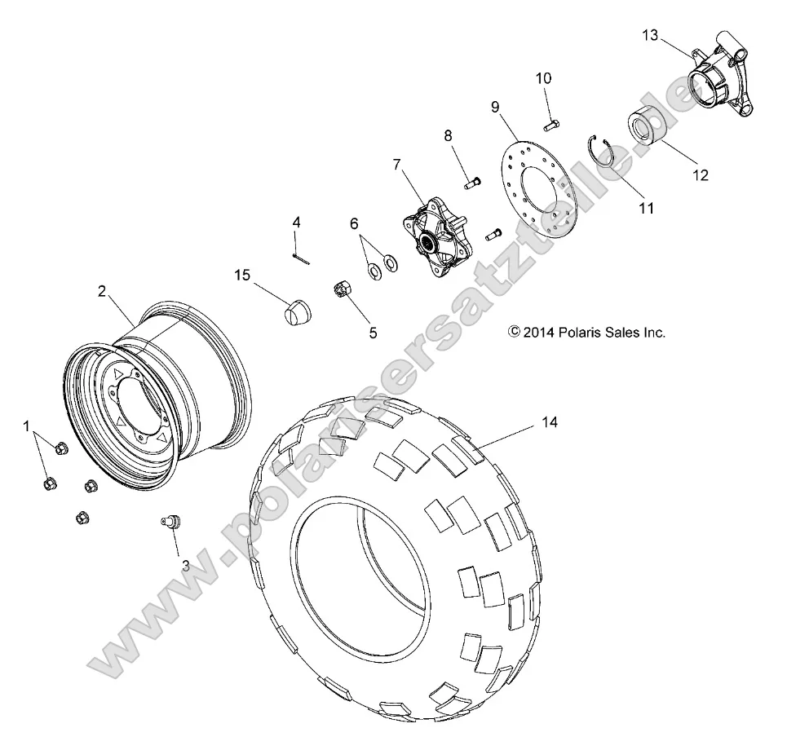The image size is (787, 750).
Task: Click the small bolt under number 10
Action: tap(550, 124)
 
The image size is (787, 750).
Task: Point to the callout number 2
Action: tap(103, 290)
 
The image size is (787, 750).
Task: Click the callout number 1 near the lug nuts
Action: tap(27, 426)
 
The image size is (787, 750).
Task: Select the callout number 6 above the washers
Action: tap(354, 223)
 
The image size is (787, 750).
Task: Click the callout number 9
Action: tap(494, 106)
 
